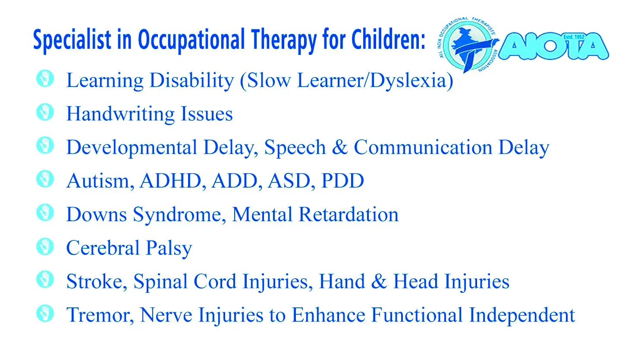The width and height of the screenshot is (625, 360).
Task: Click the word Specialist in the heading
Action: pos(72,40)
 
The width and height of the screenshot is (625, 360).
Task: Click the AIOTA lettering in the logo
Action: pos(553,47)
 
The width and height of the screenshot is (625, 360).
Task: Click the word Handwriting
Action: pos(120,114)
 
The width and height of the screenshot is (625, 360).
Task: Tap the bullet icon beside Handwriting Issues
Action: pos(45,112)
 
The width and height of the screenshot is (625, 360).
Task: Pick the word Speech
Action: pos(295,147)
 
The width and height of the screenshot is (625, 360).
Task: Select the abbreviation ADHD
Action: pos(170,181)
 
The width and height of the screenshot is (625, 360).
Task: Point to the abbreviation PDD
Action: pos(342,181)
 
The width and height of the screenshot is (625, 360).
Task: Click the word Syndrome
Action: pos(177,215)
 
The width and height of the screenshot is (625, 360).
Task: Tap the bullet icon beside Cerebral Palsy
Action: pos(45,247)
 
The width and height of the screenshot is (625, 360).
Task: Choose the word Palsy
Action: pos(169,248)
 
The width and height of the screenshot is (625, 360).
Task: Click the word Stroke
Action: pos(94,282)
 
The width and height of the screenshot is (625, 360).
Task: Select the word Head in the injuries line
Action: pos(416,282)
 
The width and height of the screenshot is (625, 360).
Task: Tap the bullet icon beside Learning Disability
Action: pos(45,78)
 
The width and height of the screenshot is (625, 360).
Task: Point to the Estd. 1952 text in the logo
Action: pos(574,37)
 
